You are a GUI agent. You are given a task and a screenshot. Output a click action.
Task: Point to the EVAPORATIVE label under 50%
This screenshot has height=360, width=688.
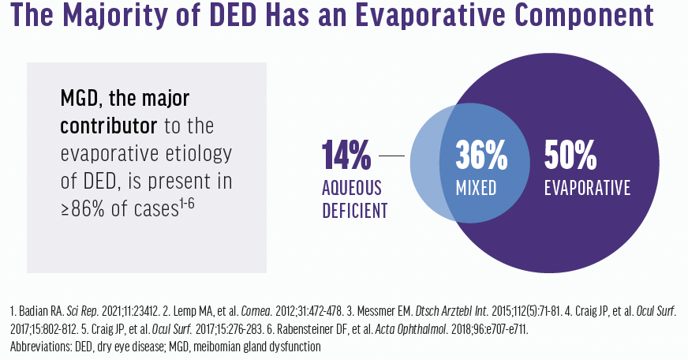tap(588, 189)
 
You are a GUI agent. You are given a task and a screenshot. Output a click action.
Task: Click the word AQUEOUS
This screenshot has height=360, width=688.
tap(352, 188)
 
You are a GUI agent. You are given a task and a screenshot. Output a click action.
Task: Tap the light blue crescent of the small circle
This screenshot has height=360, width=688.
tap(424, 167)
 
